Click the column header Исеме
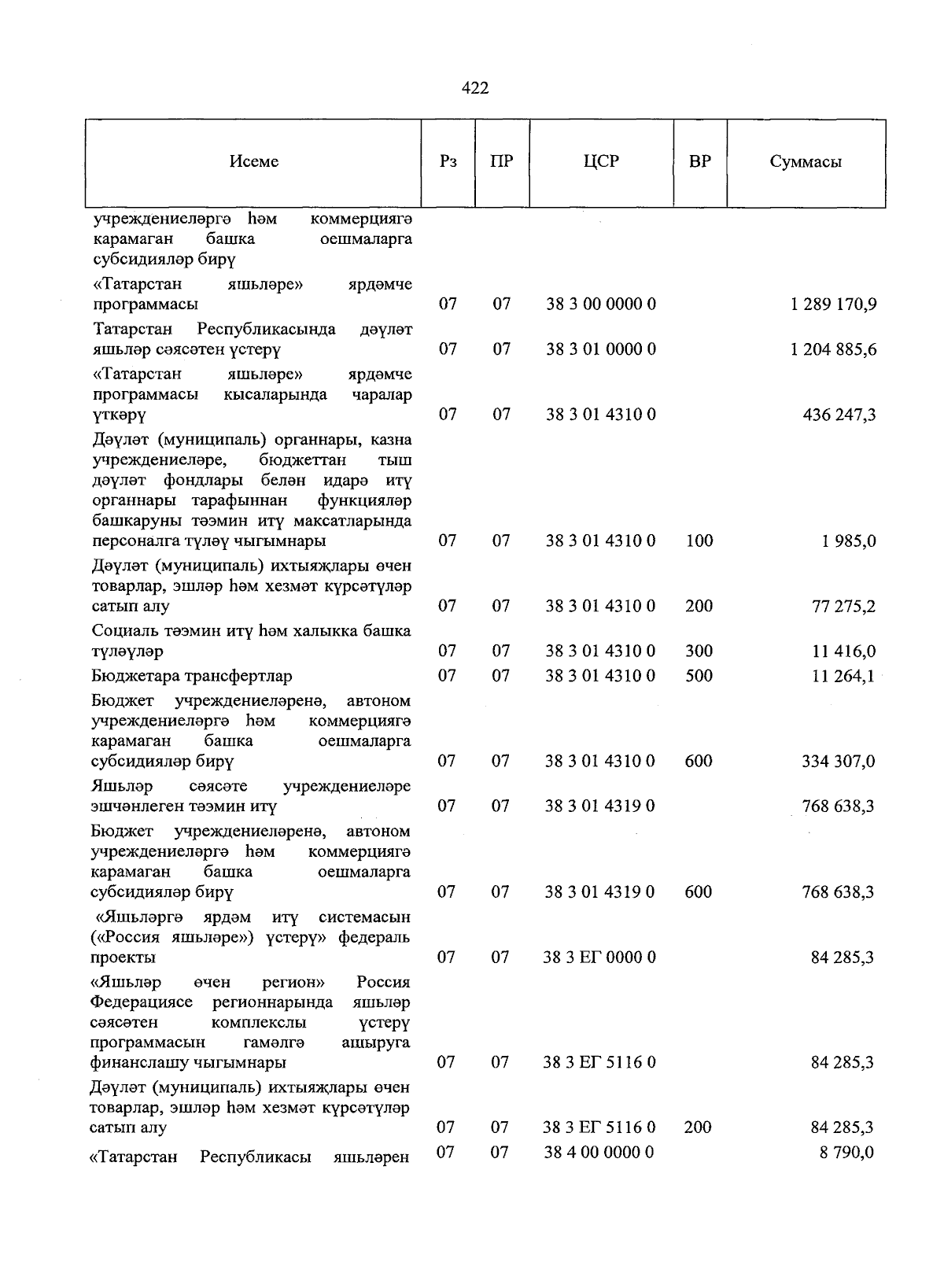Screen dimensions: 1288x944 (254, 162)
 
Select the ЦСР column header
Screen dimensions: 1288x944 (601, 162)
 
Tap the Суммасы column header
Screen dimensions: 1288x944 (806, 162)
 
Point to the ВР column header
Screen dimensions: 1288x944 (699, 162)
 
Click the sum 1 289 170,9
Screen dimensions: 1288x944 (833, 304)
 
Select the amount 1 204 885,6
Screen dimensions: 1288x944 (833, 349)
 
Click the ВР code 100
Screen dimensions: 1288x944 (699, 541)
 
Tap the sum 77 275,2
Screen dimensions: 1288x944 (843, 606)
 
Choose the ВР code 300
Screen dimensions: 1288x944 (699, 651)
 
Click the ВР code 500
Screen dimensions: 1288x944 (699, 676)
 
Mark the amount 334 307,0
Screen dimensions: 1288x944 (838, 762)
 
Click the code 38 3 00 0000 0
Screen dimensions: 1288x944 (601, 304)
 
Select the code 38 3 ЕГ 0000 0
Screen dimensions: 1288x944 (599, 958)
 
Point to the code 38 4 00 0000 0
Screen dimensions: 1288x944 (599, 1153)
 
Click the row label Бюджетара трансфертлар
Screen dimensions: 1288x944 (191, 676)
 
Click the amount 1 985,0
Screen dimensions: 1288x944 (849, 541)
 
